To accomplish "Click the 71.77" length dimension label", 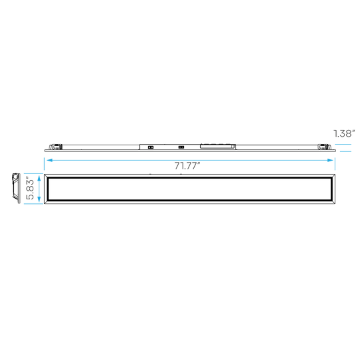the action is point(187,166).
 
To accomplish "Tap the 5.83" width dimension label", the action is point(30,188).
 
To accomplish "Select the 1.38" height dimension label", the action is point(344,133).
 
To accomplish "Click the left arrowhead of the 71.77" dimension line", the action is point(49,160).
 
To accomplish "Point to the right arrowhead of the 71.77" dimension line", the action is point(331,160).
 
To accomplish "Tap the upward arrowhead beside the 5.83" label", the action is point(39,178).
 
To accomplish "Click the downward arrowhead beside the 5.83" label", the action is point(39,199).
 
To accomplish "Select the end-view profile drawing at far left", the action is point(16,188).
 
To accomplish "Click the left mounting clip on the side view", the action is point(55,147).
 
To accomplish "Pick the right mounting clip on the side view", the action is point(324,147).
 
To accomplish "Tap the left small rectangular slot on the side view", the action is point(151,147).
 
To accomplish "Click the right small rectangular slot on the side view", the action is point(181,147).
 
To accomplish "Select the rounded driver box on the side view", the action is point(217,146).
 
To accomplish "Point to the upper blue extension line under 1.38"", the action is point(343,145).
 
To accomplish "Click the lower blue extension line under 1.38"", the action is point(345,151).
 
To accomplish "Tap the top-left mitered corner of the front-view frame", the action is point(46,176).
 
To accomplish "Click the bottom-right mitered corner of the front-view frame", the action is point(333,202).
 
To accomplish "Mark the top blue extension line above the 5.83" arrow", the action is point(33,173).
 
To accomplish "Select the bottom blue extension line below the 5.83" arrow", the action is point(33,204).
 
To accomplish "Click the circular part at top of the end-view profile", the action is point(15,177).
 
